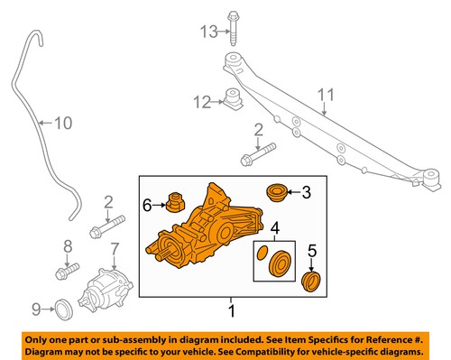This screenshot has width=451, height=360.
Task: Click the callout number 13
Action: point(209,32)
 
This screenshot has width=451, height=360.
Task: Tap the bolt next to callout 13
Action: point(234,28)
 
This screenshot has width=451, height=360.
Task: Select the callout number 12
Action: point(202,102)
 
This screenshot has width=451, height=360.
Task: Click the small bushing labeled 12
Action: point(234,98)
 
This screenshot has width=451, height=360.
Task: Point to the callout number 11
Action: point(326,95)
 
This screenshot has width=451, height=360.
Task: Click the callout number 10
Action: point(63,123)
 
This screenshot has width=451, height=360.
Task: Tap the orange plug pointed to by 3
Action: point(277,193)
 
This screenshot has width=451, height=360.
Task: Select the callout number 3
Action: point(306,192)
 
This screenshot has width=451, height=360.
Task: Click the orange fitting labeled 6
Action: point(176,201)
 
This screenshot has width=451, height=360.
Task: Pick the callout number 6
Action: point(147,206)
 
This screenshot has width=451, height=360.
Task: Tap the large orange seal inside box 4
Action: point(280,263)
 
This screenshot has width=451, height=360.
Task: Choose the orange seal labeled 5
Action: point(311,281)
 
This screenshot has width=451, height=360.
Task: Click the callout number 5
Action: point(312,251)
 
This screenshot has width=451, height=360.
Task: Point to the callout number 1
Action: point(232,310)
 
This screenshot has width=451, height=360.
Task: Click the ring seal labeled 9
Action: point(64,309)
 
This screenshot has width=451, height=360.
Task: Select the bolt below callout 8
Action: point(68,271)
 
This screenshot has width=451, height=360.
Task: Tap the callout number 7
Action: point(115,249)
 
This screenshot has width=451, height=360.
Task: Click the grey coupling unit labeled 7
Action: point(105,289)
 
